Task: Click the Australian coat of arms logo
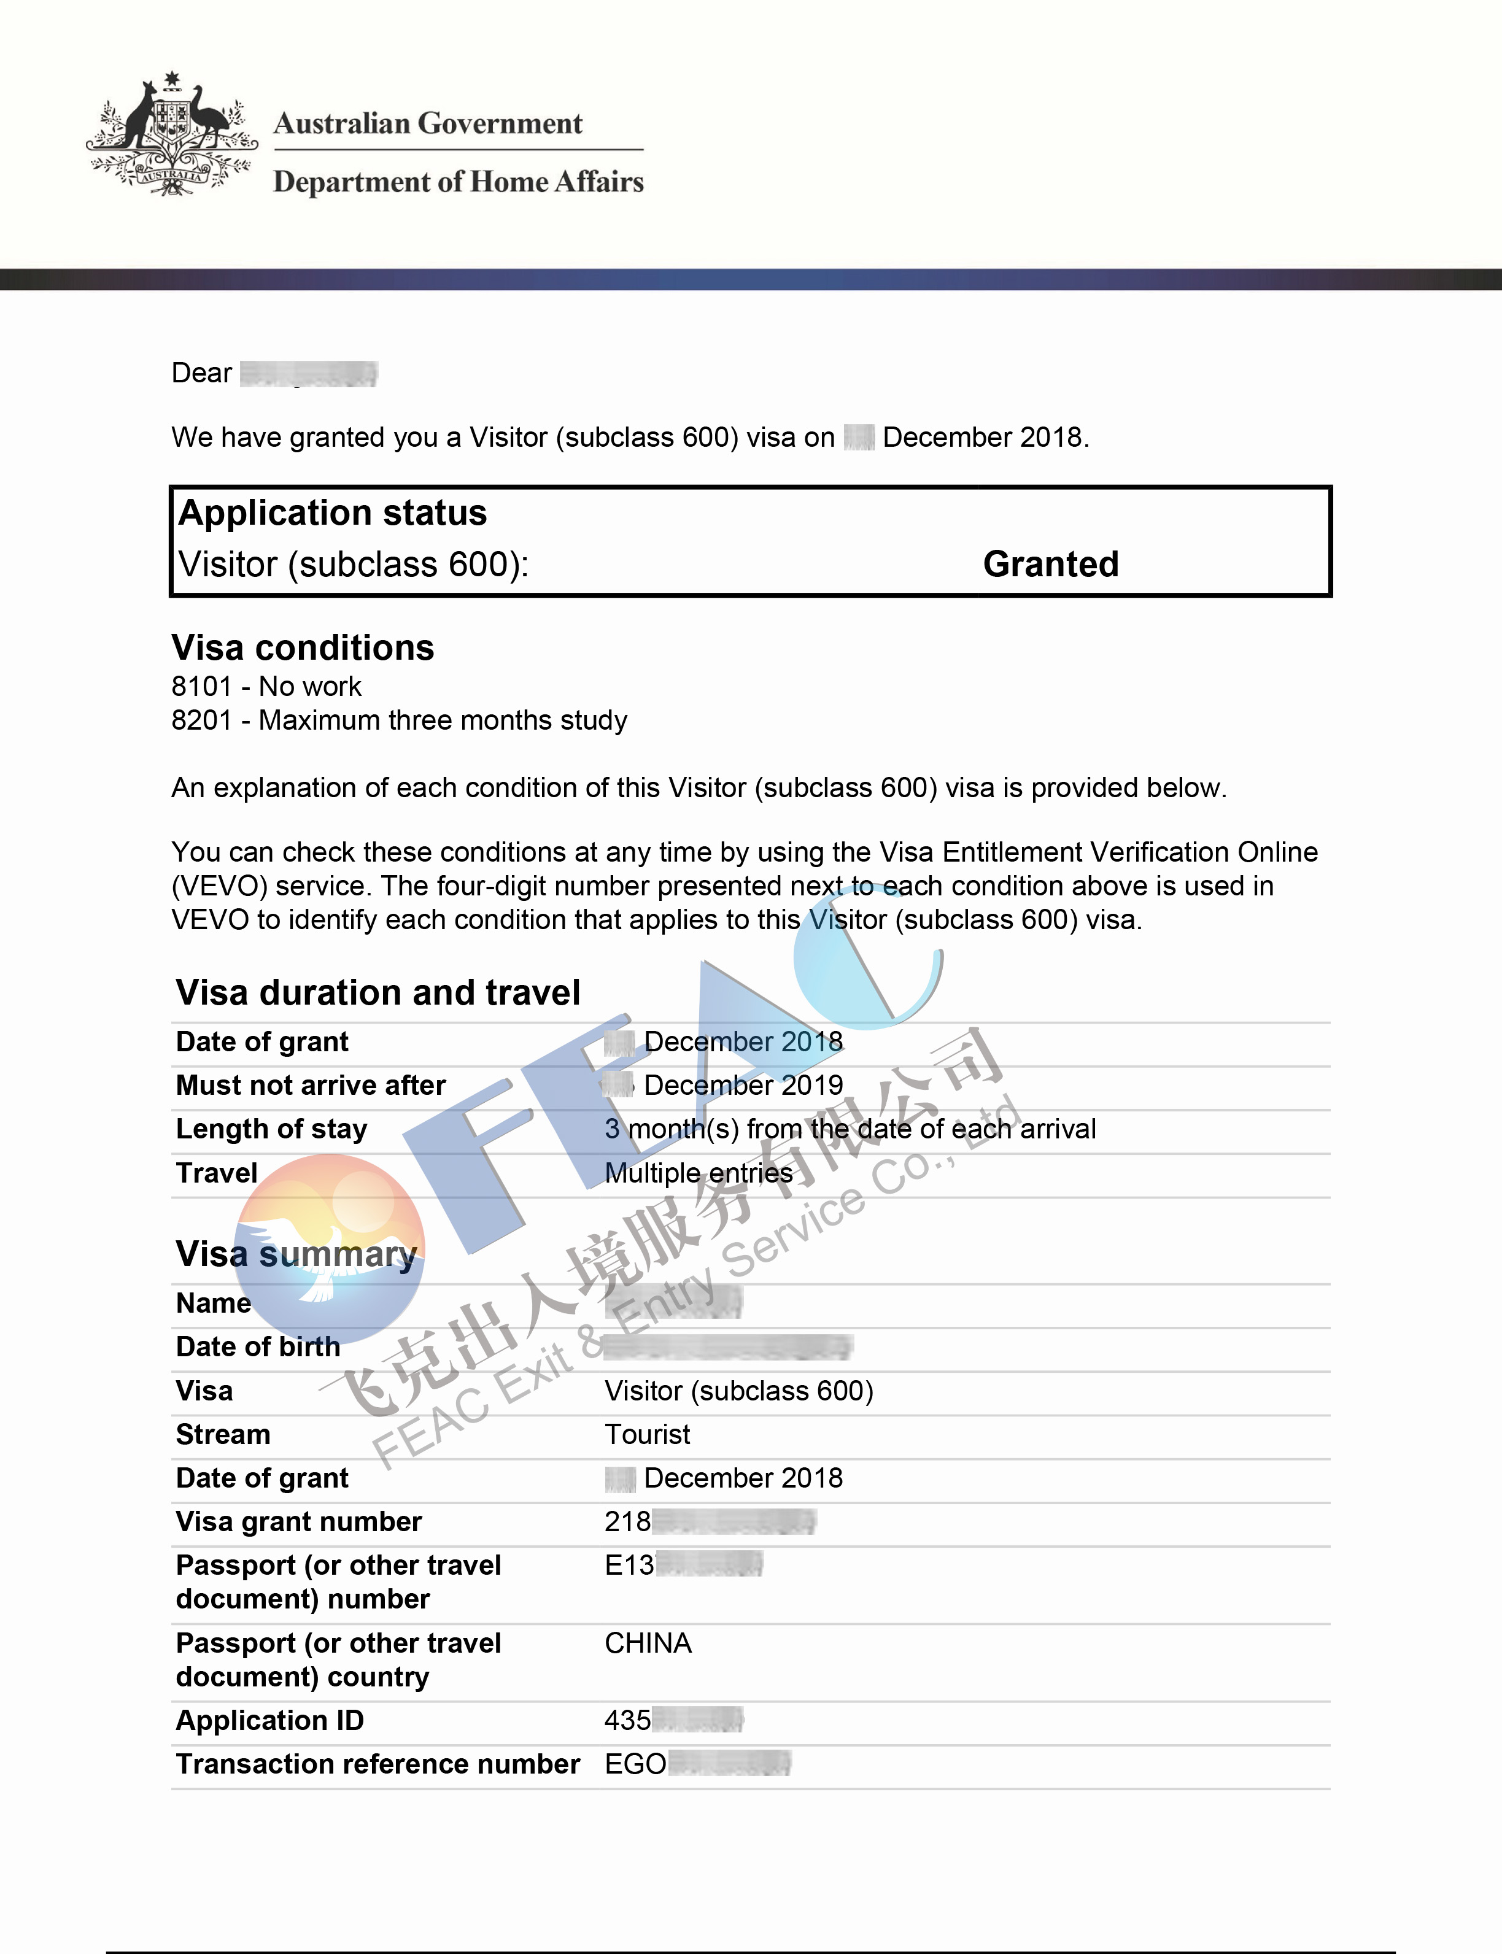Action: tap(172, 134)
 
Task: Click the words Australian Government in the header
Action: tap(427, 123)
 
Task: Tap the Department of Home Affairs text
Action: tap(458, 182)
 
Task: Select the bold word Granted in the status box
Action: tap(1050, 564)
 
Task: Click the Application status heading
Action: tap(333, 513)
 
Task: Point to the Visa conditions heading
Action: tap(302, 648)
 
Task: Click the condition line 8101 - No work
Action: tap(266, 687)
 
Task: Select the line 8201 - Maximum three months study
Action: tap(399, 720)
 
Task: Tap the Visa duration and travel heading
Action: tap(378, 993)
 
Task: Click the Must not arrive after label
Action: tap(310, 1085)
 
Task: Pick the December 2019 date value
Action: tap(742, 1085)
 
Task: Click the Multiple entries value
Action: tap(699, 1173)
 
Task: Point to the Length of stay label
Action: tap(271, 1129)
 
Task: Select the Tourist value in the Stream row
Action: tap(648, 1435)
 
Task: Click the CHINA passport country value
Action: tap(648, 1643)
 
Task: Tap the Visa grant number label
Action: tap(298, 1521)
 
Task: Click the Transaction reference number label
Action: tap(377, 1764)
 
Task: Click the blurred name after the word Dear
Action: tap(309, 373)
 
